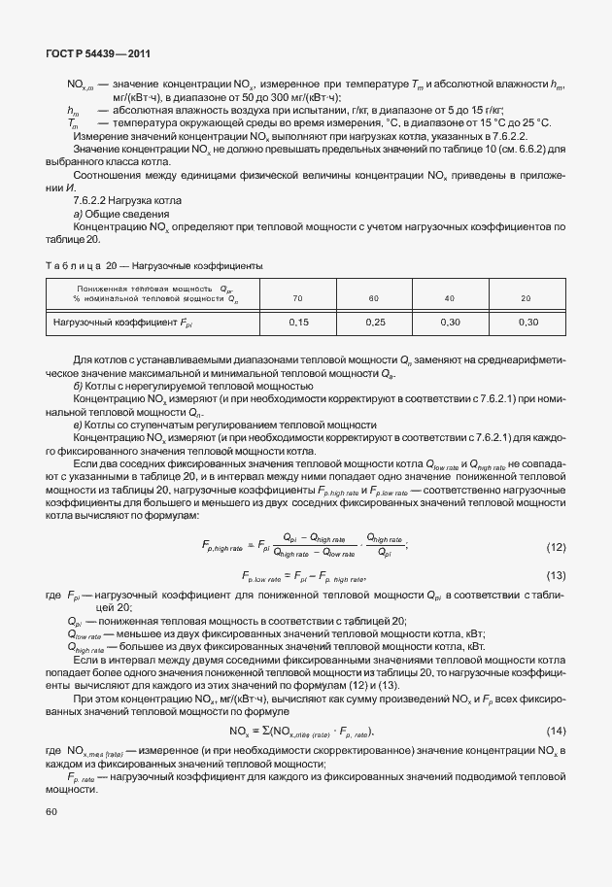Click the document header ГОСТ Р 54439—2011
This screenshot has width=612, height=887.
pos(98,53)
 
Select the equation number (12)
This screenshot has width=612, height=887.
pos(556,547)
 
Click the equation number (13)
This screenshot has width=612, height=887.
pos(556,576)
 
